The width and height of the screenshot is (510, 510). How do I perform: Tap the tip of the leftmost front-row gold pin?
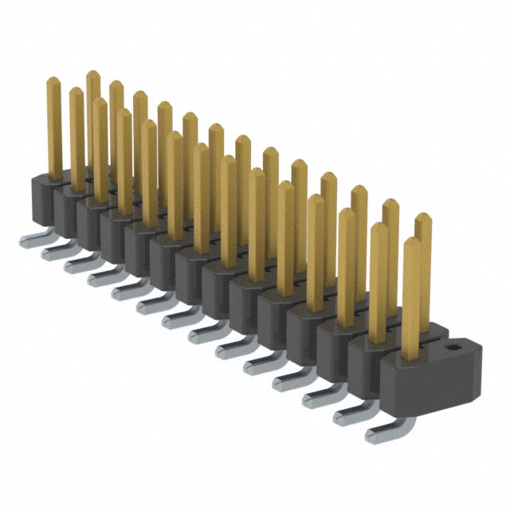pyautogui.click(x=53, y=80)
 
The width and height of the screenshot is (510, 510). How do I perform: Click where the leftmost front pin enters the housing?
pyautogui.click(x=54, y=176)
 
